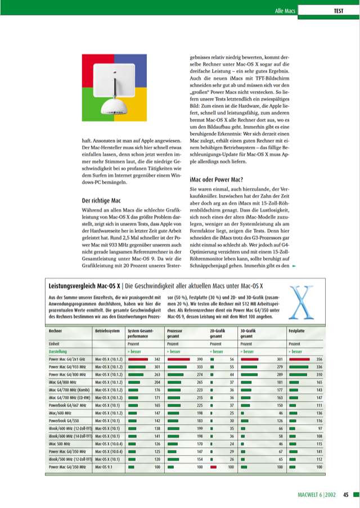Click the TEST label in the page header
[x=339, y=11]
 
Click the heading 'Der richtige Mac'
[x=102, y=200]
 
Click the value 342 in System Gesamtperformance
[x=157, y=359]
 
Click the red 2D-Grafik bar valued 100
[x=213, y=466]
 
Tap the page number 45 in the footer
[x=346, y=495]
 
